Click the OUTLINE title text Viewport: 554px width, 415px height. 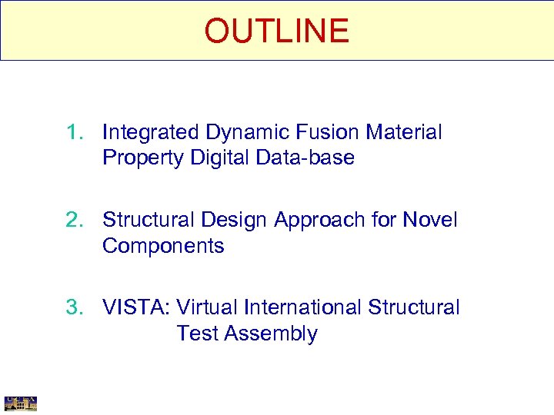pos(276,31)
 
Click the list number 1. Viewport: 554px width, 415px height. pos(73,132)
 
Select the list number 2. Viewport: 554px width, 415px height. pos(73,221)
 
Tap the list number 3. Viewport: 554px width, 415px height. pos(73,307)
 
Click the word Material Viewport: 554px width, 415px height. pos(404,132)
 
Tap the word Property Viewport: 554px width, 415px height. pos(141,158)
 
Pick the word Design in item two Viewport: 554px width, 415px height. pos(233,221)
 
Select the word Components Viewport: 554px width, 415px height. pos(163,247)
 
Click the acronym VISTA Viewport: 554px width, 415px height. pos(136,307)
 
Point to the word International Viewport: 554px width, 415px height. pos(303,307)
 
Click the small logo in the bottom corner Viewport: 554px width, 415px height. pos(21,403)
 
